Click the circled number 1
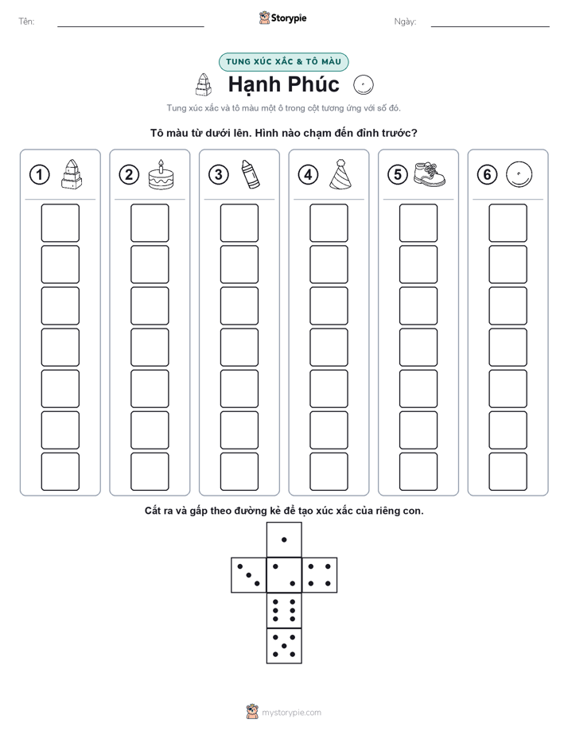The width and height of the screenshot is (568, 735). pyautogui.click(x=39, y=175)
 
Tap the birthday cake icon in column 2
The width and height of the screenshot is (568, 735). pyautogui.click(x=161, y=174)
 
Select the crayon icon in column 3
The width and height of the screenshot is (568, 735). pyautogui.click(x=251, y=174)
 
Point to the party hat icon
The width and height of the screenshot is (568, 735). pyautogui.click(x=340, y=174)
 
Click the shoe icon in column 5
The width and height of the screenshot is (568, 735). pyautogui.click(x=430, y=174)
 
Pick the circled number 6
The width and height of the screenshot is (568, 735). pyautogui.click(x=488, y=175)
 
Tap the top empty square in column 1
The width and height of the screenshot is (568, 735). pyautogui.click(x=60, y=223)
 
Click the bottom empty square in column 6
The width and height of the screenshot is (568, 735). pyautogui.click(x=508, y=472)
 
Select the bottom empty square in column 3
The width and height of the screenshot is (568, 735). pyautogui.click(x=239, y=472)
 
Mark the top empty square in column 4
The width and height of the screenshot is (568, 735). pyautogui.click(x=329, y=223)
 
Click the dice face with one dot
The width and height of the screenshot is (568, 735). pyautogui.click(x=284, y=540)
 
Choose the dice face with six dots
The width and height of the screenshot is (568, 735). pyautogui.click(x=284, y=610)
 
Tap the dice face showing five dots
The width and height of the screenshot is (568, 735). pyautogui.click(x=284, y=645)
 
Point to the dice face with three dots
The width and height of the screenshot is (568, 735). pyautogui.click(x=249, y=575)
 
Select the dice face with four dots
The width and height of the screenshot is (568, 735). pyautogui.click(x=320, y=575)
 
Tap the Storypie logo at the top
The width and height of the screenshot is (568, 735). pyautogui.click(x=282, y=17)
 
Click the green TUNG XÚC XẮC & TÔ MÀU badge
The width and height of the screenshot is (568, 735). pyautogui.click(x=283, y=62)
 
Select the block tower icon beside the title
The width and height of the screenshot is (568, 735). pyautogui.click(x=204, y=84)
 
